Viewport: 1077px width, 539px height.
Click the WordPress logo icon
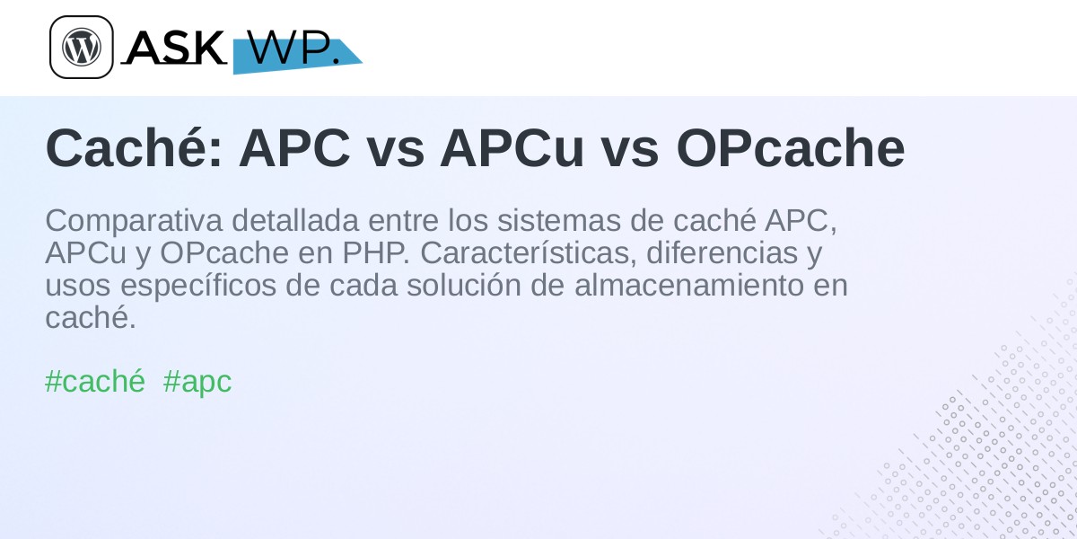pyautogui.click(x=82, y=47)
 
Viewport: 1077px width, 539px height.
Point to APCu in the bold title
pyautogui.click(x=512, y=148)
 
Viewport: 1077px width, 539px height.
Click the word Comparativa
pyautogui.click(x=134, y=221)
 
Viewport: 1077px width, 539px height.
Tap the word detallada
pyautogui.click(x=295, y=220)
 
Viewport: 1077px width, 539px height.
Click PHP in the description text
pyautogui.click(x=375, y=253)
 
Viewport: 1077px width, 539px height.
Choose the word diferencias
pyautogui.click(x=722, y=253)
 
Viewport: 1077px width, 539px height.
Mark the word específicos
pyautogui.click(x=198, y=287)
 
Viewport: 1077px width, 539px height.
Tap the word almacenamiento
pyautogui.click(x=689, y=286)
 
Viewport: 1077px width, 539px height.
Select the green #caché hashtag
pyautogui.click(x=95, y=382)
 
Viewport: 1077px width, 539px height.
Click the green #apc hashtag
pyautogui.click(x=197, y=383)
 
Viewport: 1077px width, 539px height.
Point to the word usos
pyautogui.click(x=78, y=287)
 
